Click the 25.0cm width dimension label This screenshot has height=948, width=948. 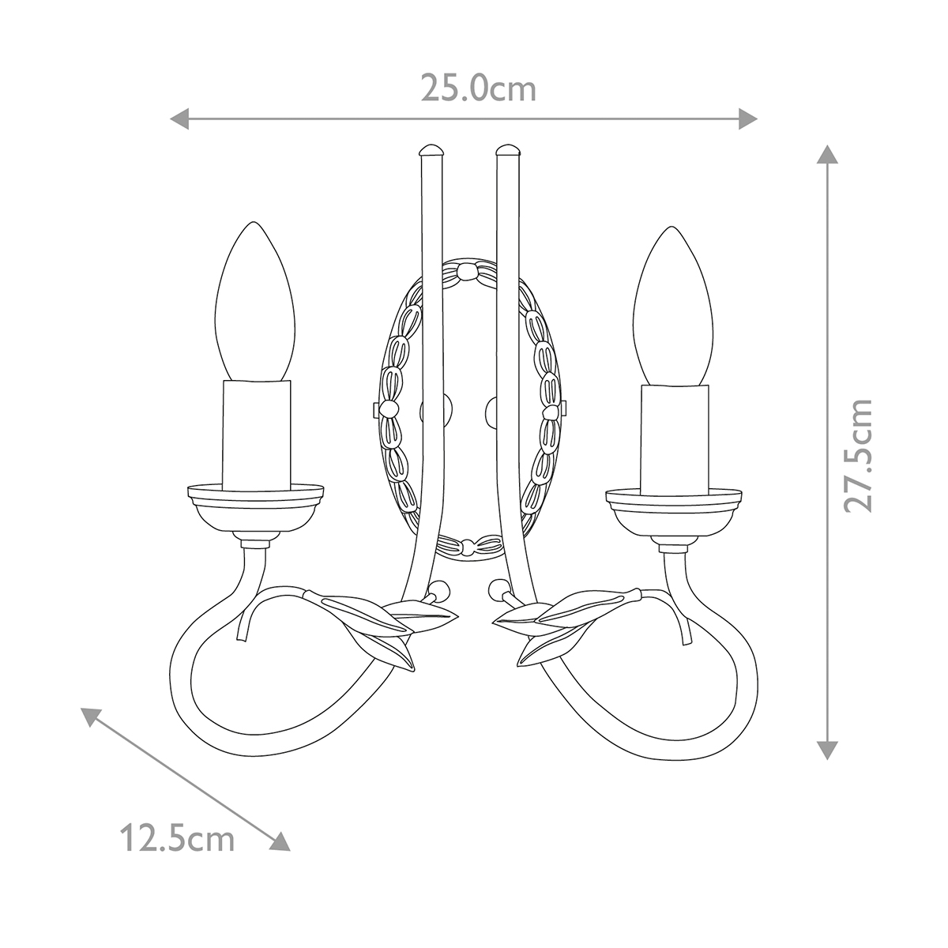pos(478,88)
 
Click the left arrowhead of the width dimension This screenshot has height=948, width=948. pos(179,119)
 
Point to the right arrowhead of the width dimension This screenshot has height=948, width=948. pos(747,119)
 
